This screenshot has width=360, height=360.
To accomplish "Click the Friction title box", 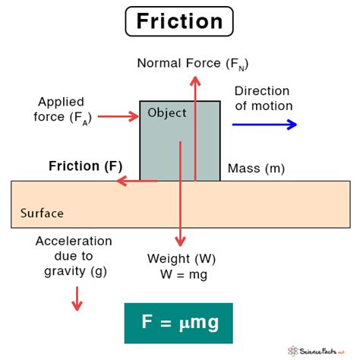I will [x=179, y=21].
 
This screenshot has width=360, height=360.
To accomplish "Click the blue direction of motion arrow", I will [x=265, y=125].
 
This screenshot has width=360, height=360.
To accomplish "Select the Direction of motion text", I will [x=263, y=97].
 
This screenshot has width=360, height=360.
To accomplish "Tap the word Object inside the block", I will [x=166, y=115].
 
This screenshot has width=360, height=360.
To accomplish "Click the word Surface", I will [x=43, y=213].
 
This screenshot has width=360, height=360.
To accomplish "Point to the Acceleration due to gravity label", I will [x=74, y=255].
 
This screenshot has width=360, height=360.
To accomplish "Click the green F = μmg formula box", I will [x=178, y=323].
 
